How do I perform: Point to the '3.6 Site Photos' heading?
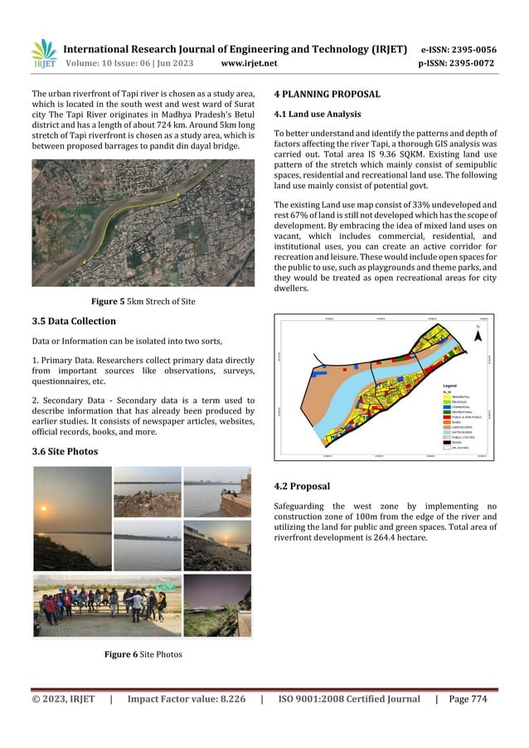coord(65,451)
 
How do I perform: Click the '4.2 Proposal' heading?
coord(302,486)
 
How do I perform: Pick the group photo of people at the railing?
coord(105,604)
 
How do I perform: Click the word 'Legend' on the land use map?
coord(450,386)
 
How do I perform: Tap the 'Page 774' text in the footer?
coord(468,699)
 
